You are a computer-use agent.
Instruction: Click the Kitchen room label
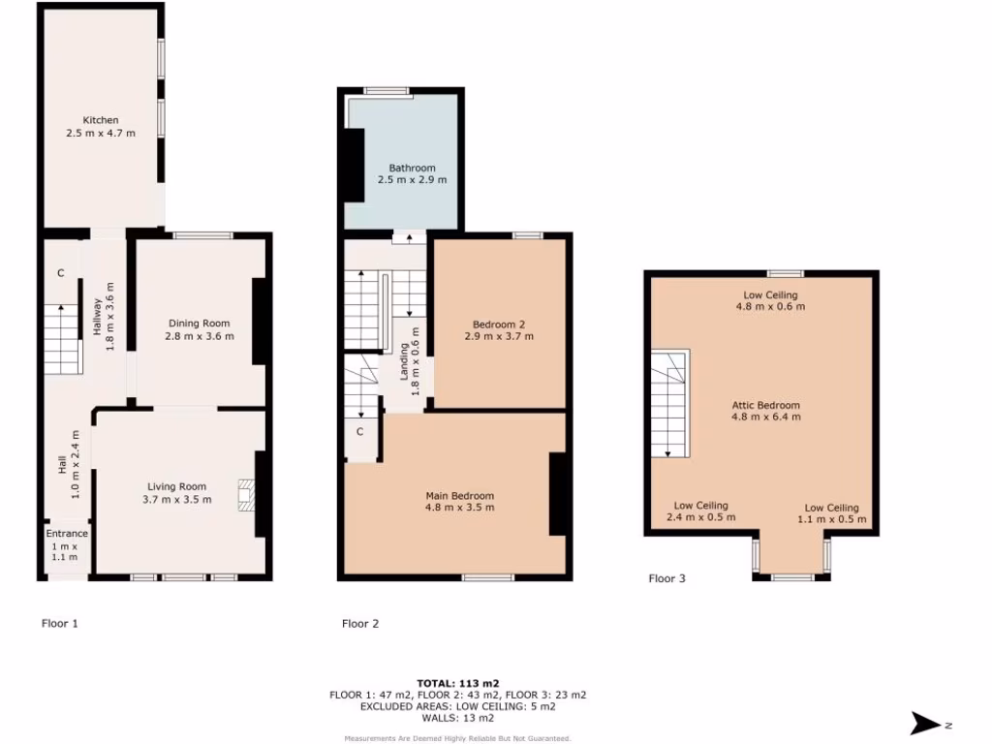(x=101, y=127)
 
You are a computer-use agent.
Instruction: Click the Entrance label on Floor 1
(x=68, y=534)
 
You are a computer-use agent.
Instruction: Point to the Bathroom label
(x=412, y=173)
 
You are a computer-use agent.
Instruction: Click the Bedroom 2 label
(x=499, y=330)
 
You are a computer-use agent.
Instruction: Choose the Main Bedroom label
(x=459, y=501)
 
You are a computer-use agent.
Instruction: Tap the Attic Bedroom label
(x=765, y=411)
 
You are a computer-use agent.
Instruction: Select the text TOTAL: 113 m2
(x=458, y=683)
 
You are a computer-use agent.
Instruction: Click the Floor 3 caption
(x=666, y=578)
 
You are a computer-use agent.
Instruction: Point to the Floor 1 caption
(x=60, y=623)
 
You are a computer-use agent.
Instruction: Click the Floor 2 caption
(x=360, y=623)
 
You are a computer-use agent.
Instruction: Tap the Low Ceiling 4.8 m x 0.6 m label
(x=770, y=300)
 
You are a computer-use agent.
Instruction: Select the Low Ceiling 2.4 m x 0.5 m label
(x=700, y=511)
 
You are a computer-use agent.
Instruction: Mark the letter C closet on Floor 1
(x=60, y=273)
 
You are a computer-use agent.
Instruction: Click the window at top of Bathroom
(x=387, y=91)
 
